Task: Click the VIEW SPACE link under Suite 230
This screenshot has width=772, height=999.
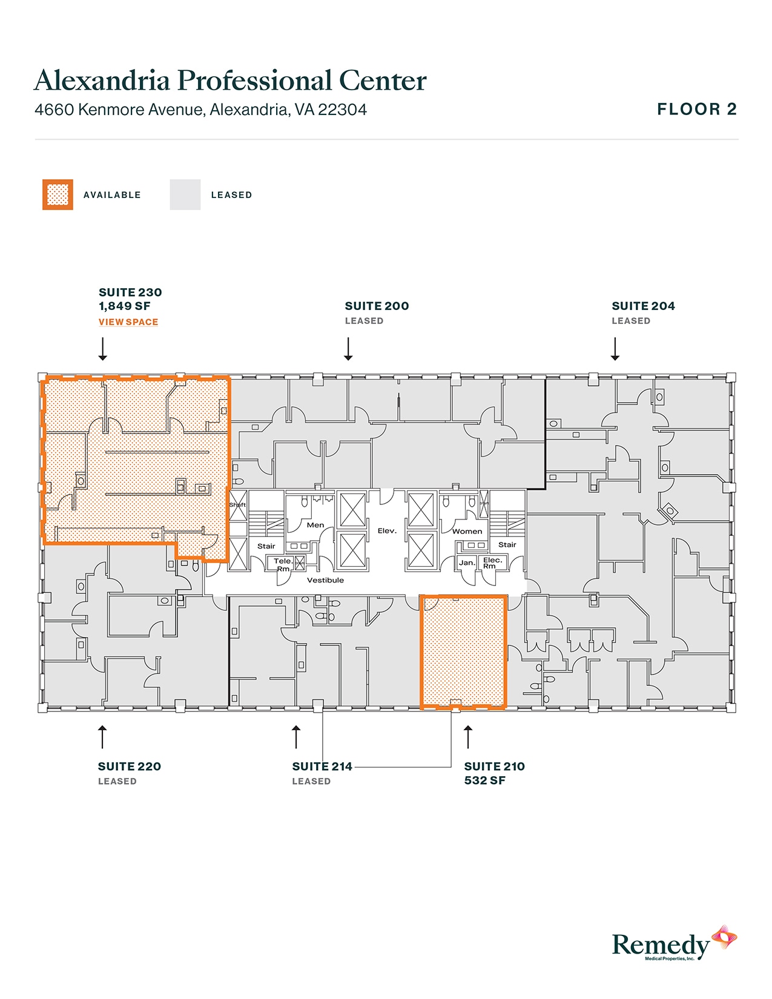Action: click(128, 322)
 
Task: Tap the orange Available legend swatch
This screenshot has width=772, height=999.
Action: click(58, 195)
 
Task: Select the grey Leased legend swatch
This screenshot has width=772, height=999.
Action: click(185, 195)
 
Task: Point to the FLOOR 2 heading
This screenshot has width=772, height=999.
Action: click(697, 110)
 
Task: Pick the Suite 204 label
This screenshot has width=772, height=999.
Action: click(643, 306)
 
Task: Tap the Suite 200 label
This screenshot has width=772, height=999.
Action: click(377, 306)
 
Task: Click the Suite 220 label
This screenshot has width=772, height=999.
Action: click(130, 767)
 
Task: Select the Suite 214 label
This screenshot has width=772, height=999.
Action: click(322, 767)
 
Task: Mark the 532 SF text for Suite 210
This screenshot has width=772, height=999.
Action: click(485, 780)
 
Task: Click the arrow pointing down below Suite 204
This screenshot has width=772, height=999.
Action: click(615, 349)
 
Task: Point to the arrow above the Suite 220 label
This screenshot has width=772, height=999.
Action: click(103, 737)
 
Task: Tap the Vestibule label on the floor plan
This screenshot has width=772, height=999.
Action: click(325, 580)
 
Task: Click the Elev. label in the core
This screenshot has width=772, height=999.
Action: click(387, 531)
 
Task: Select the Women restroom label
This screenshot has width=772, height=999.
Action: click(467, 532)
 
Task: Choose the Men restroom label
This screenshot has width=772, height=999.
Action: click(315, 525)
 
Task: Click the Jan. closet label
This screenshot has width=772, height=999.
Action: click(467, 562)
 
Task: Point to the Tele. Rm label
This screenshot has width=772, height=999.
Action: click(283, 564)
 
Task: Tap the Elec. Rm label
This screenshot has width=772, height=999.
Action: click(492, 562)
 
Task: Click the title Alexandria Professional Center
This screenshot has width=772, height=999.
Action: click(230, 81)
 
